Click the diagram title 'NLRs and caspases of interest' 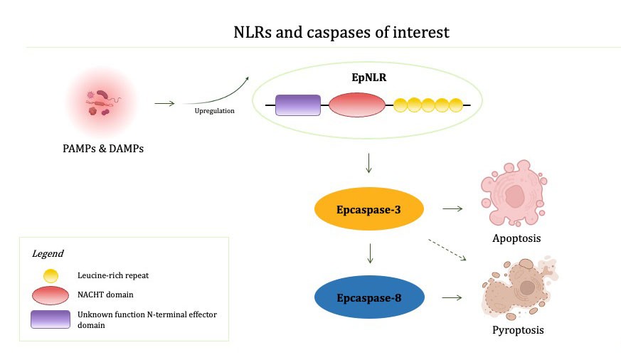click(341, 32)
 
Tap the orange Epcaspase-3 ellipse click(369, 209)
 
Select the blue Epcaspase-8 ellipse click(369, 297)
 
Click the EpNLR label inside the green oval click(369, 78)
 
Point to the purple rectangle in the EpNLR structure click(298, 105)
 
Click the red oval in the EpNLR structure click(357, 105)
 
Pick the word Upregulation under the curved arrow click(214, 111)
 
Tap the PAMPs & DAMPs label click(103, 149)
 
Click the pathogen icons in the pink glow click(102, 103)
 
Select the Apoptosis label click(516, 238)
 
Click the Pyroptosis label click(518, 330)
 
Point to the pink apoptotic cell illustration click(514, 193)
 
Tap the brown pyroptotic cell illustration click(519, 288)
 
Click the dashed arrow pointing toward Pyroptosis click(447, 250)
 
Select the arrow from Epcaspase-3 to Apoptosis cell click(452, 208)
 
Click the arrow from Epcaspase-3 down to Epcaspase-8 click(370, 253)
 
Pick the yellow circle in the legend click(51, 275)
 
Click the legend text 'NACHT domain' click(105, 295)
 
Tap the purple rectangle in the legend click(51, 319)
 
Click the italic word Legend click(48, 253)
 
